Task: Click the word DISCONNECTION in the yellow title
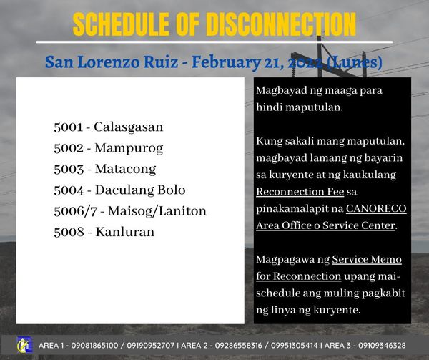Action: coord(281,24)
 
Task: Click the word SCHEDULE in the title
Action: coord(121,24)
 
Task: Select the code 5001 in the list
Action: coord(68,127)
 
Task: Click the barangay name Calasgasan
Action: coord(128,127)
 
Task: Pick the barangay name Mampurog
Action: coord(129,149)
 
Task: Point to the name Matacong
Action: coord(125,169)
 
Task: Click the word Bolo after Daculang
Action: coord(172,190)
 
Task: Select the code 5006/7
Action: coord(76,211)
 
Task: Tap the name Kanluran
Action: coord(124,232)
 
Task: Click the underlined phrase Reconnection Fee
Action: coord(300,192)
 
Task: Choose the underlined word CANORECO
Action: coord(376,208)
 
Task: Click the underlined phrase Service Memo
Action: coord(367,259)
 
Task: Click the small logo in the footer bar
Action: coord(24,345)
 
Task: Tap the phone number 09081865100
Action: coord(94,346)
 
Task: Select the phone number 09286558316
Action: coord(238,346)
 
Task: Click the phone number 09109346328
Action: coord(382,346)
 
